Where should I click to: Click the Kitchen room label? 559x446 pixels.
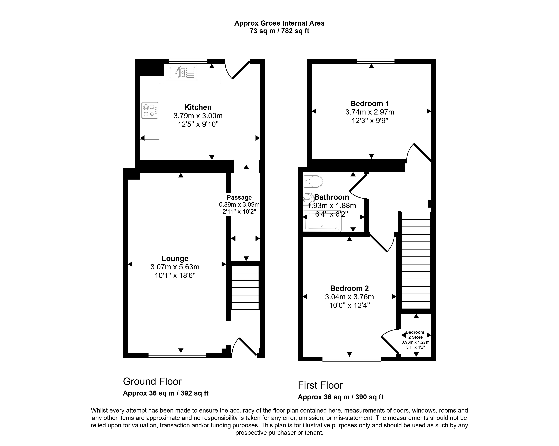pyautogui.click(x=198, y=107)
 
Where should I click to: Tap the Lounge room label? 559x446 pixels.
pyautogui.click(x=175, y=259)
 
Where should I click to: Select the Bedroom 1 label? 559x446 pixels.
pyautogui.click(x=370, y=104)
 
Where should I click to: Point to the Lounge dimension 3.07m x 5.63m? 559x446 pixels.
pyautogui.click(x=175, y=267)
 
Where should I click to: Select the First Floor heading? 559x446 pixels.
pyautogui.click(x=320, y=385)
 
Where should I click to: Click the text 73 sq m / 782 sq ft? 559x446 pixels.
pyautogui.click(x=279, y=31)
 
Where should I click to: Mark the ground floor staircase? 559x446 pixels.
pyautogui.click(x=245, y=288)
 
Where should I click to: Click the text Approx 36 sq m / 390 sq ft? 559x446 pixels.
pyautogui.click(x=340, y=397)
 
